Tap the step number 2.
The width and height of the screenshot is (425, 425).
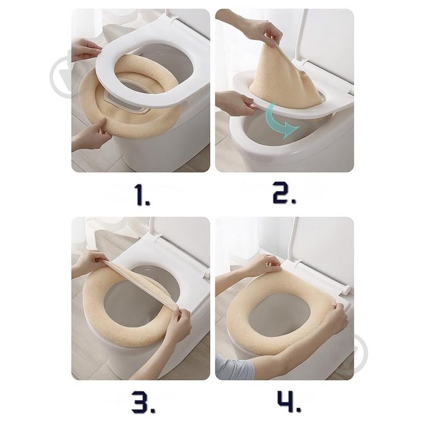click(x=284, y=195)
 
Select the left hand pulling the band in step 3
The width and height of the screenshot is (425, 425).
click(x=90, y=262)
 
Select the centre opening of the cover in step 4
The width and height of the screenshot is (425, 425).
click(x=285, y=314)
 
